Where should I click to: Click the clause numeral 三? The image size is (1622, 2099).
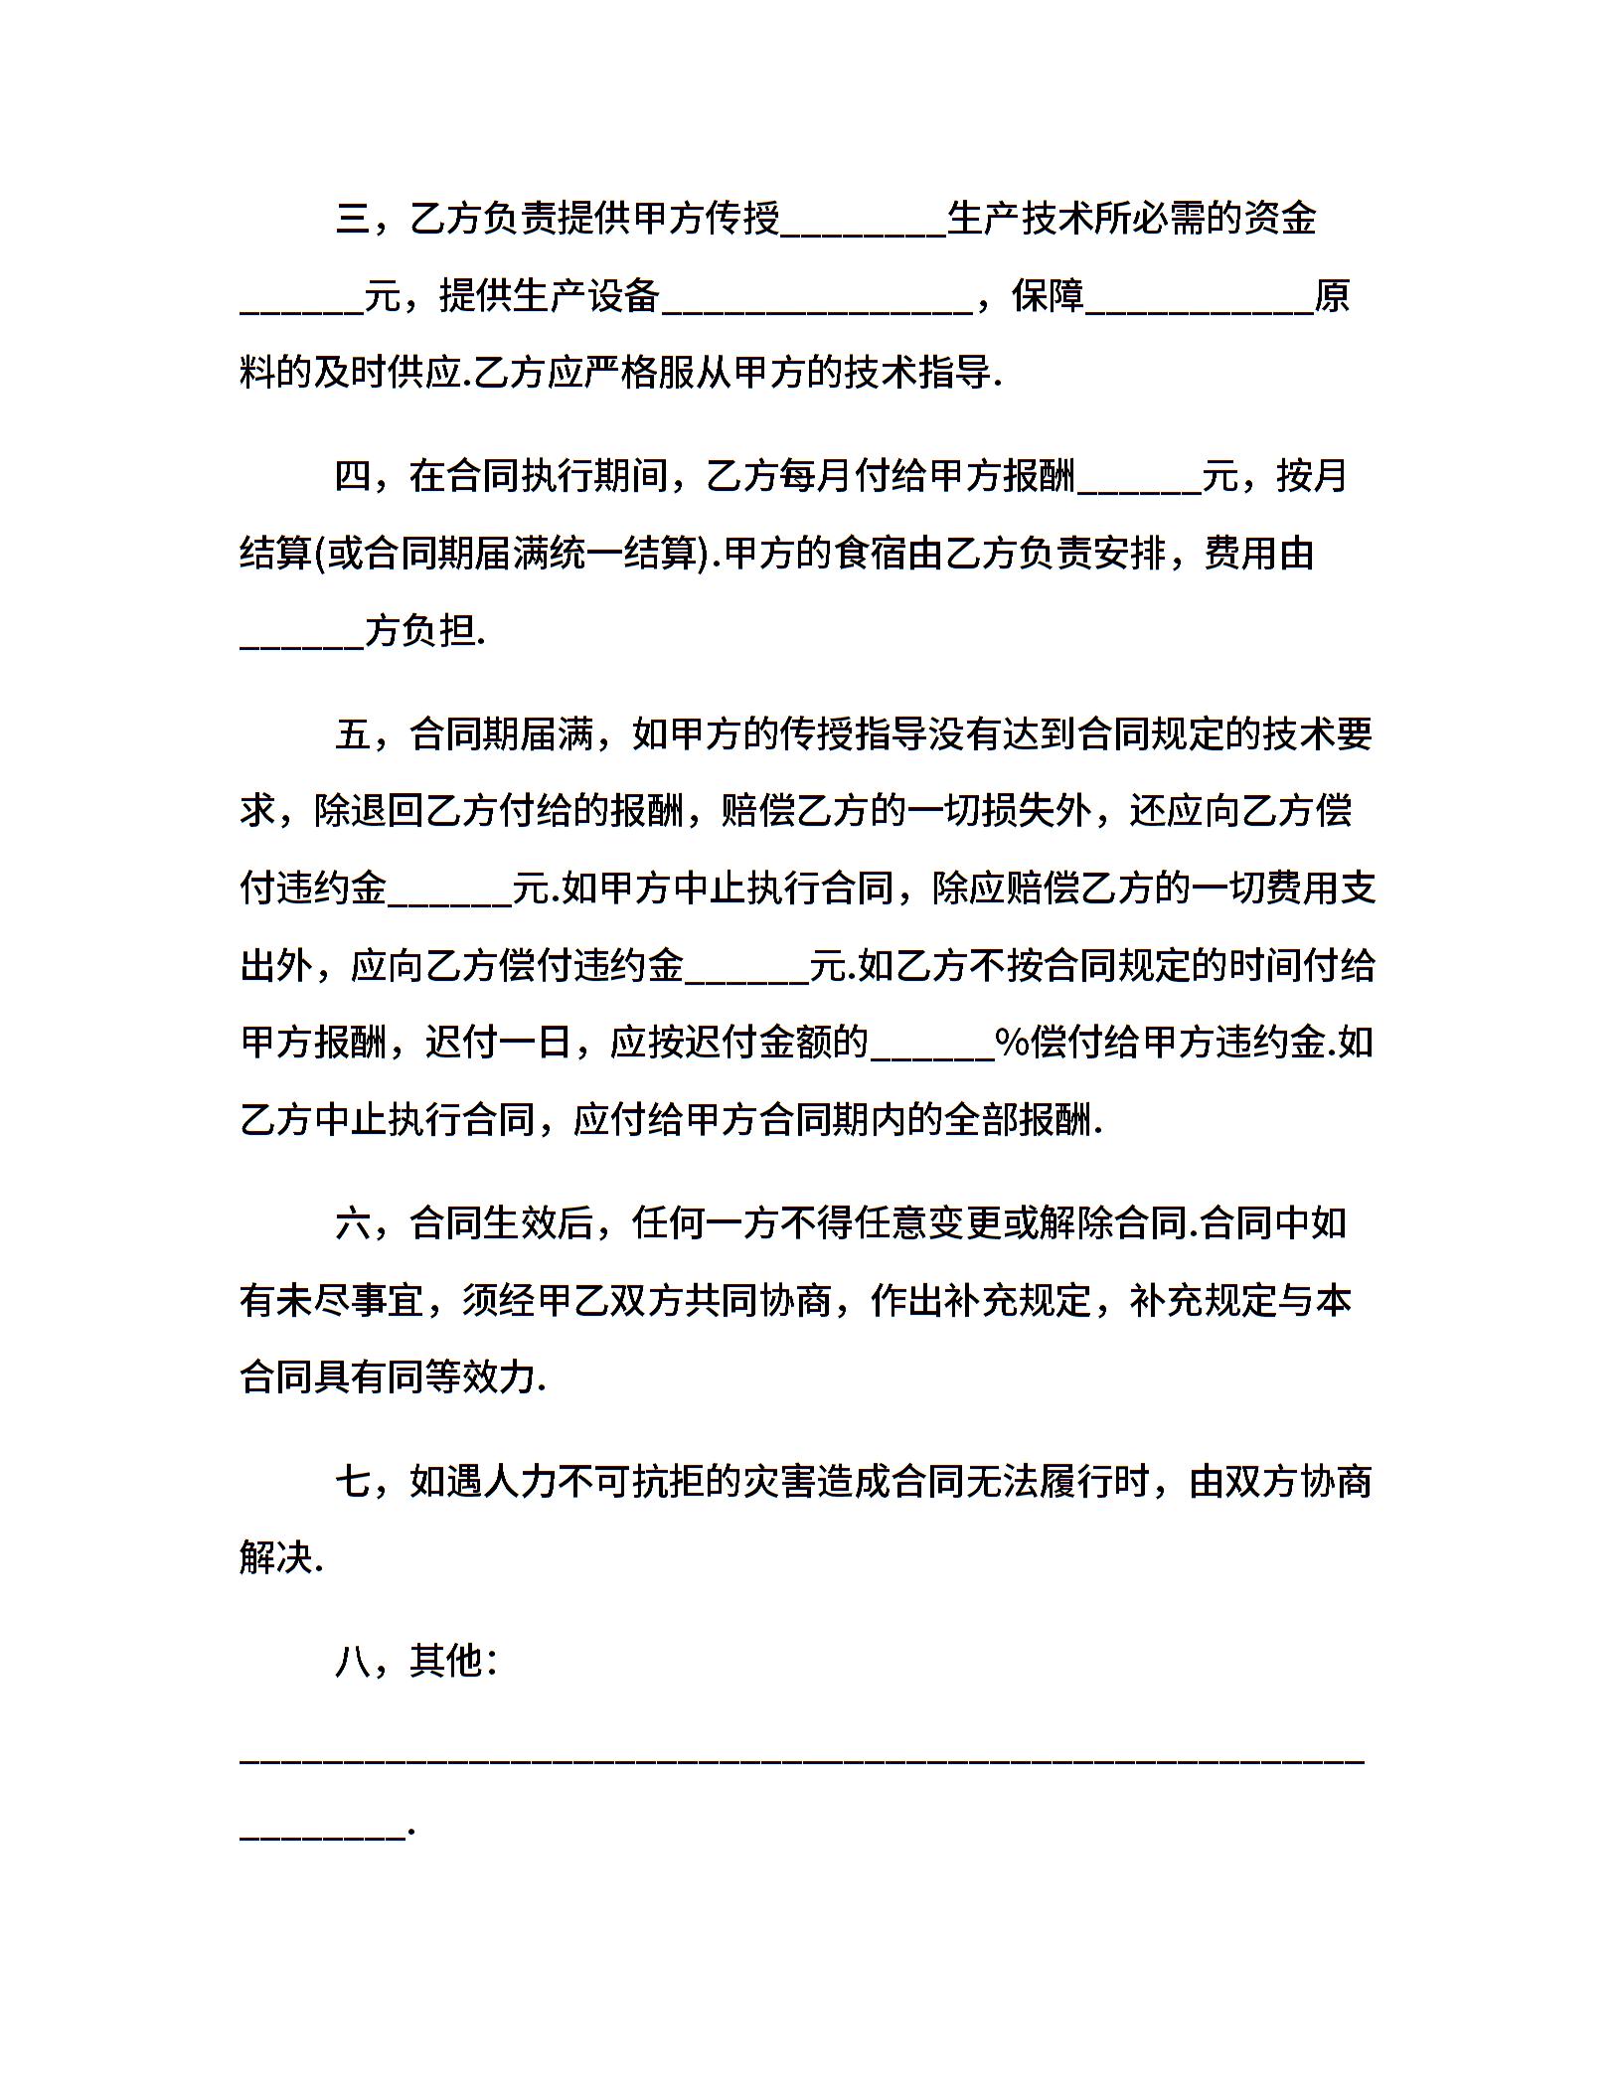353,219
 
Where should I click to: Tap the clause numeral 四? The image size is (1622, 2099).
353,476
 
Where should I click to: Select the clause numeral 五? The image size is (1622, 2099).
353,734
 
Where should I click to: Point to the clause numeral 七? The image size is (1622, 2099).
353,1482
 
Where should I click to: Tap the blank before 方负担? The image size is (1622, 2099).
302,637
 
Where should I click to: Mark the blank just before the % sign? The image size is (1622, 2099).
932,1049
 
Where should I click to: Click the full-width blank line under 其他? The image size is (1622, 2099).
802,1756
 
